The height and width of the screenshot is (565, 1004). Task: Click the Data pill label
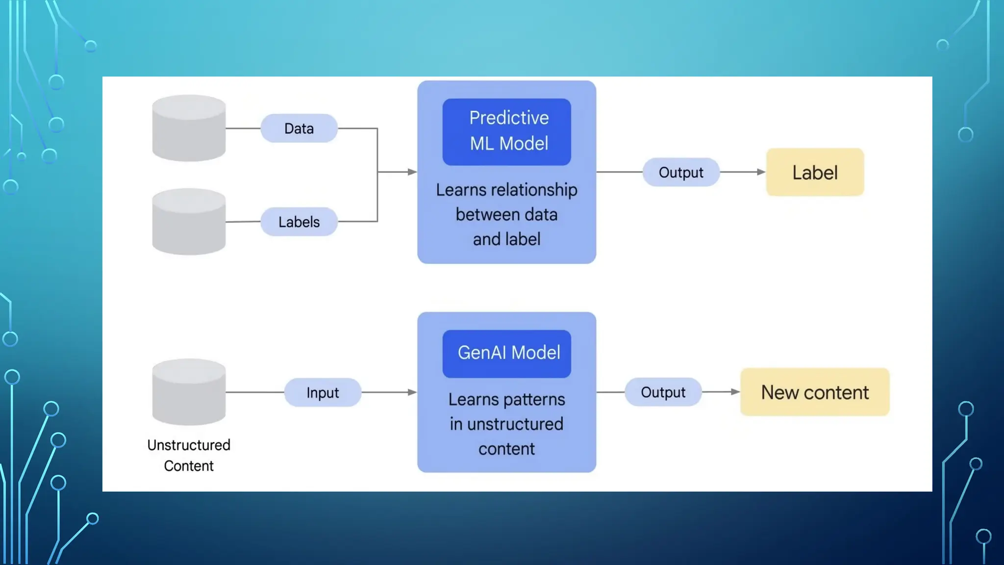[x=299, y=128]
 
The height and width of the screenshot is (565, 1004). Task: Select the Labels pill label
[x=299, y=222]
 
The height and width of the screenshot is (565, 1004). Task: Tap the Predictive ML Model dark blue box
[x=506, y=131]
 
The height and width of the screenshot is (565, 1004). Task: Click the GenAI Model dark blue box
[x=506, y=353]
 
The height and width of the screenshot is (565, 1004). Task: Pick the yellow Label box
[x=815, y=172]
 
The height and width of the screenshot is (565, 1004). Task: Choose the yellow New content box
[x=815, y=392]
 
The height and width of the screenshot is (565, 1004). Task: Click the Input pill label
[x=323, y=392]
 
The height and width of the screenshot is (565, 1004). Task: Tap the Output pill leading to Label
[x=681, y=172]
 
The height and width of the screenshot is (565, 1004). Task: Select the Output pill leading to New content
[x=663, y=392]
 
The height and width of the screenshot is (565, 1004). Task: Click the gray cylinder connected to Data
[x=189, y=128]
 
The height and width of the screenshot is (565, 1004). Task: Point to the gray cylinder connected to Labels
[x=189, y=222]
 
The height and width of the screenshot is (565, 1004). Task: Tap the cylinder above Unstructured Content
[x=189, y=392]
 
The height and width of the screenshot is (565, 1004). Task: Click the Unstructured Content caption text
[x=189, y=455]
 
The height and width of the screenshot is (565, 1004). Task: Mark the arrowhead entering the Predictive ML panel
[x=412, y=172]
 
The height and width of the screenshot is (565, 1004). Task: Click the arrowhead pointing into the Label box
[x=761, y=172]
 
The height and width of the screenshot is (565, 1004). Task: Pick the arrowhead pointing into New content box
[x=735, y=391]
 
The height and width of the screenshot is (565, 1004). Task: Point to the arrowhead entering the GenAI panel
[x=412, y=392]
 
